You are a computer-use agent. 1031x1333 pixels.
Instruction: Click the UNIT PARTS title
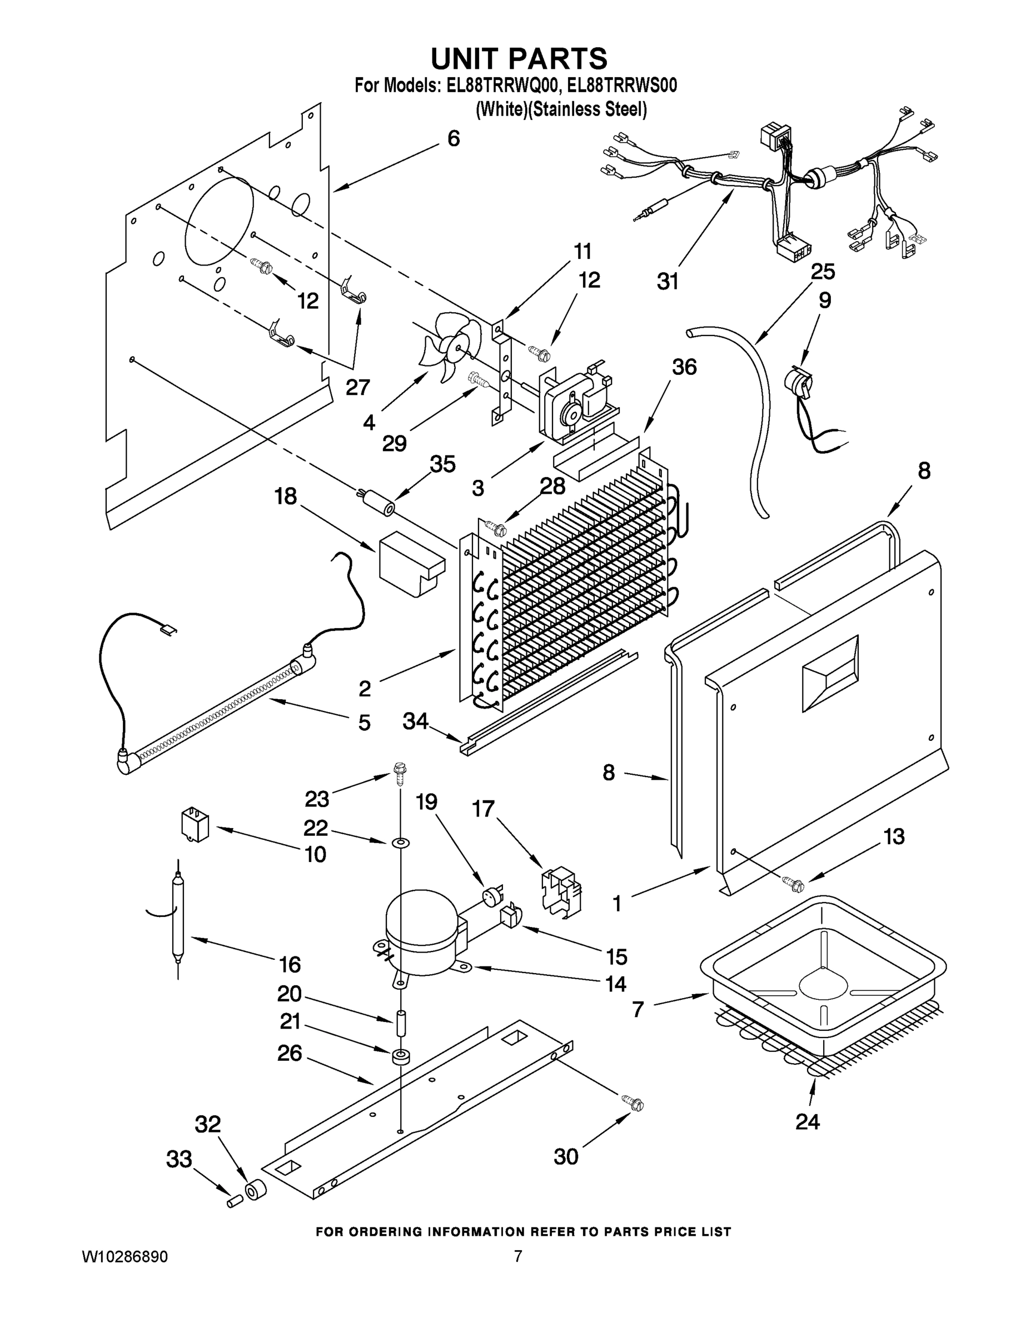tap(519, 58)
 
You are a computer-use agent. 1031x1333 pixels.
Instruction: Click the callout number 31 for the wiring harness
tap(668, 282)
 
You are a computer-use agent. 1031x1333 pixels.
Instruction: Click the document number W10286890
tap(125, 1257)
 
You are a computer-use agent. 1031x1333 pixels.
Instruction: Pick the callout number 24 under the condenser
tap(807, 1121)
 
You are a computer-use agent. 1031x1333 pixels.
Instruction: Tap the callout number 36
tap(684, 367)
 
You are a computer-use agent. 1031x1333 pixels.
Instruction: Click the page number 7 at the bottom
tap(517, 1256)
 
